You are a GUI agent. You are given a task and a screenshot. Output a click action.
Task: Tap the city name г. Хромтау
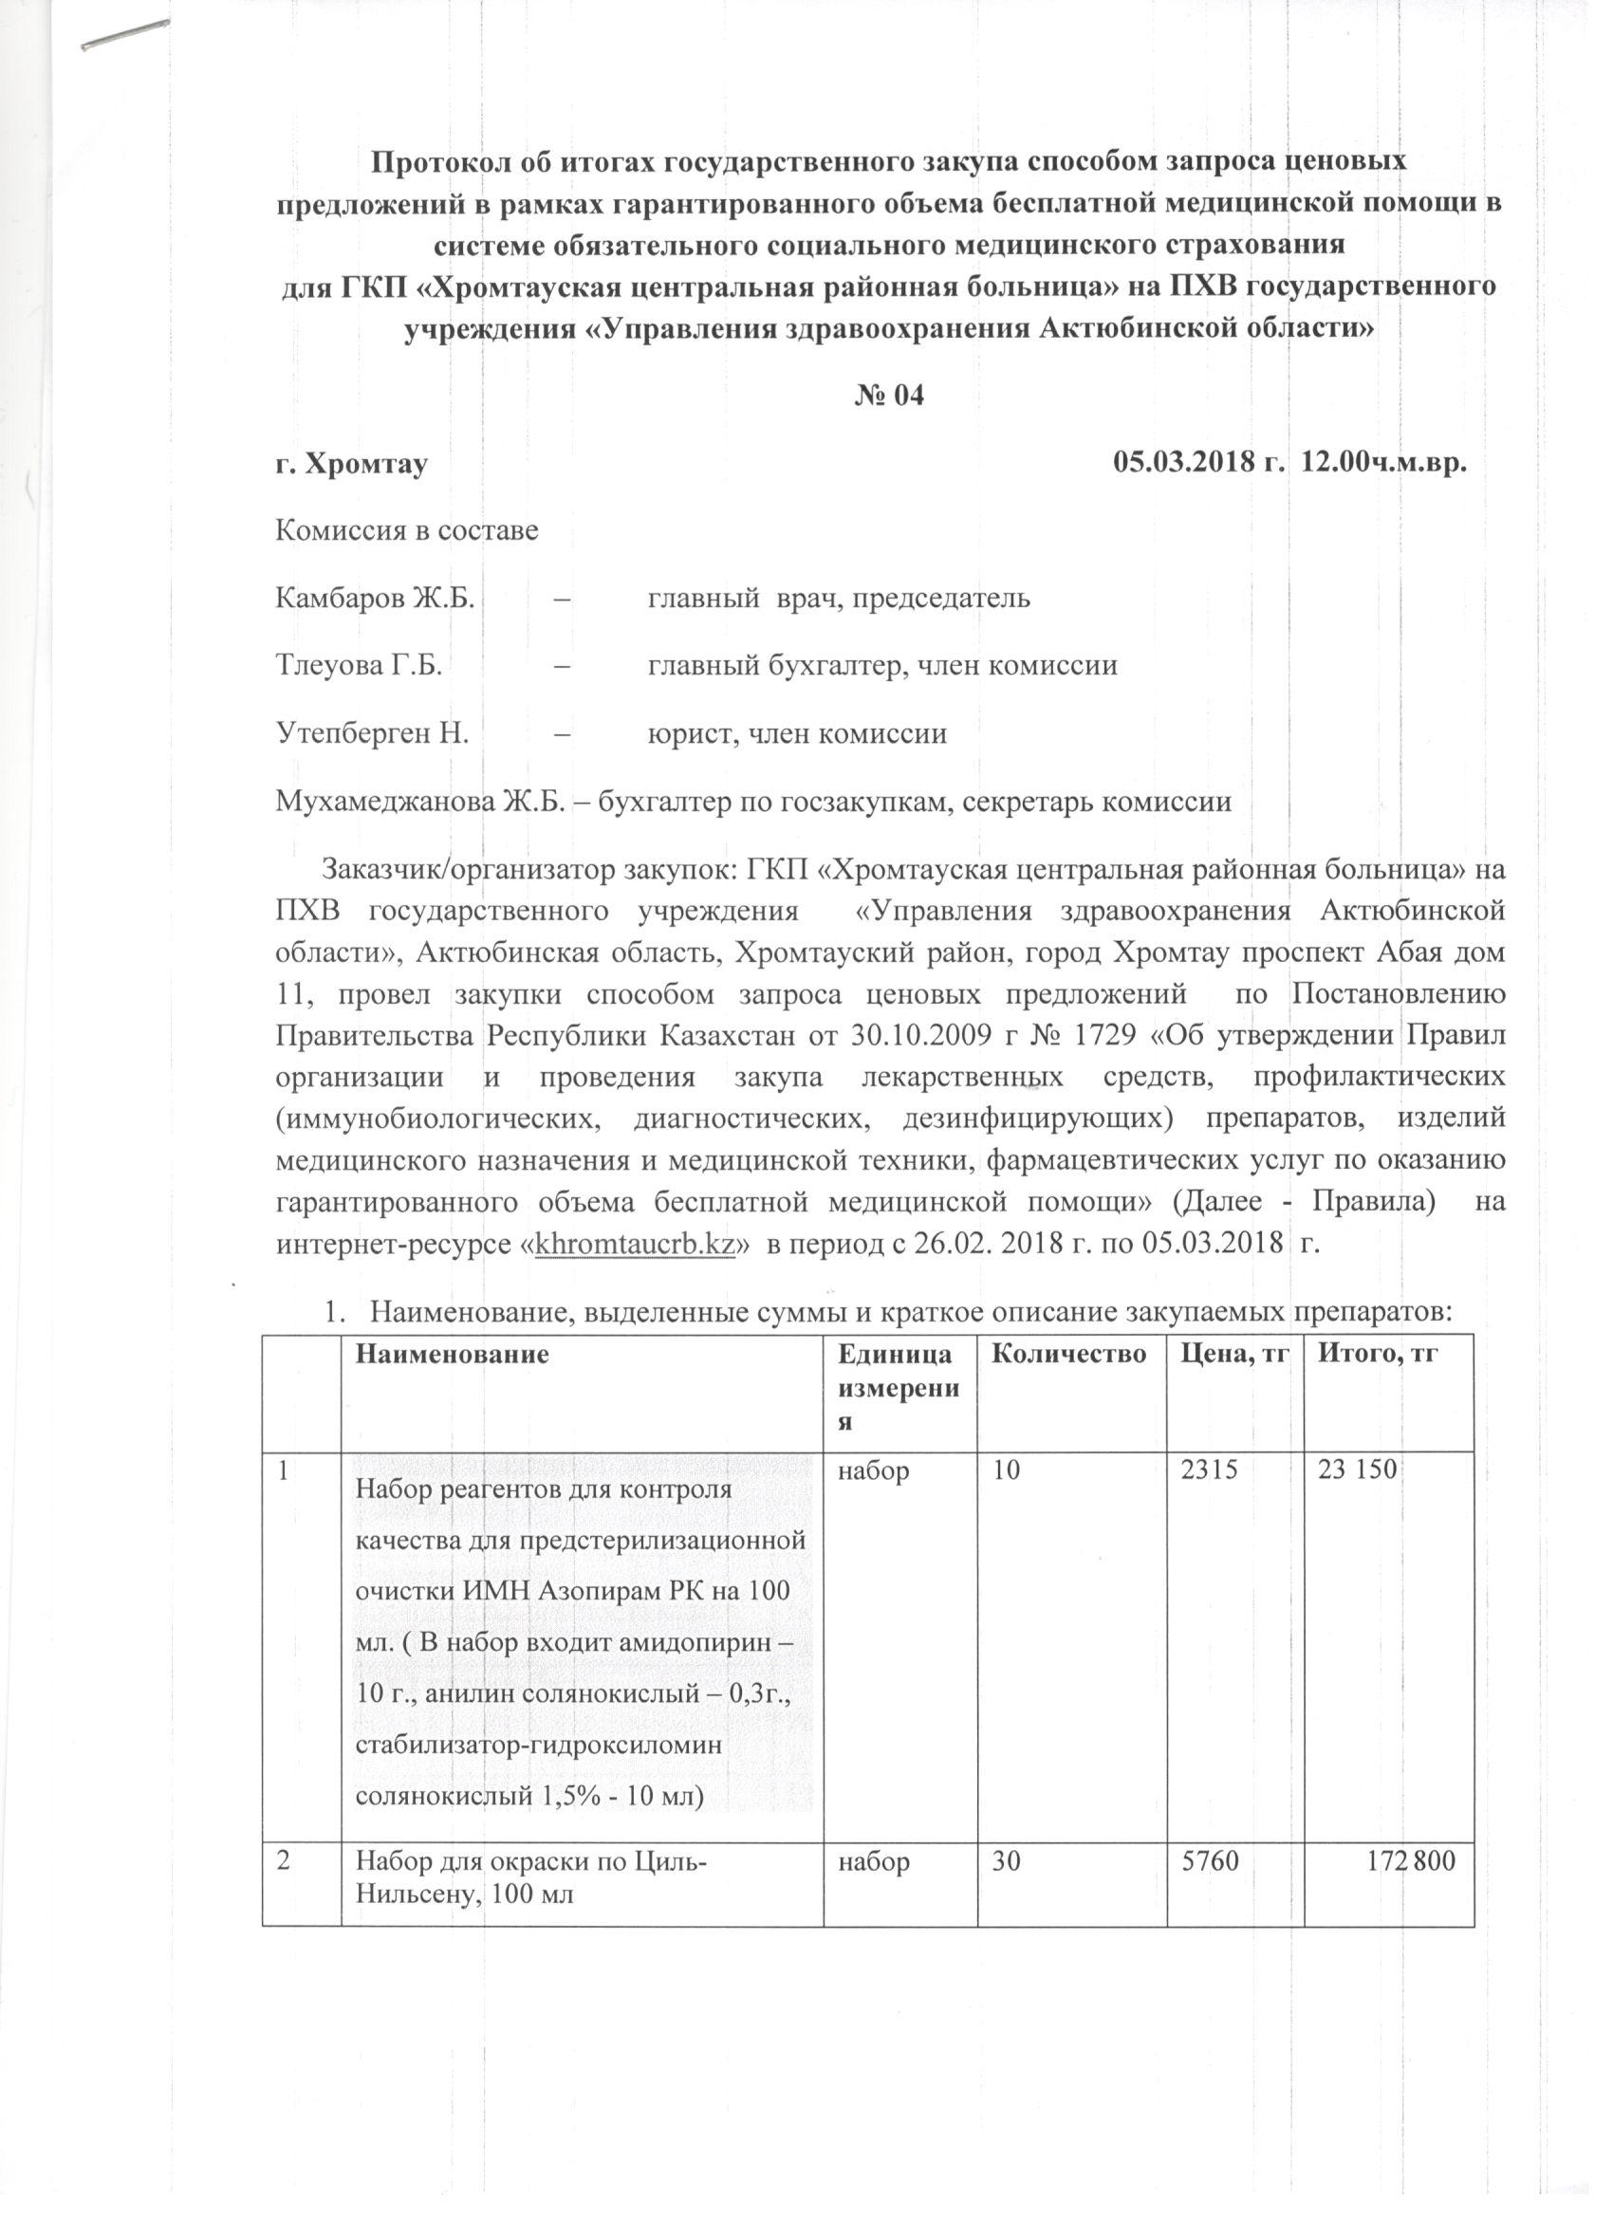coord(351,465)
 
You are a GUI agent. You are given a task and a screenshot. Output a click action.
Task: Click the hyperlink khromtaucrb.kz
coord(636,1247)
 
